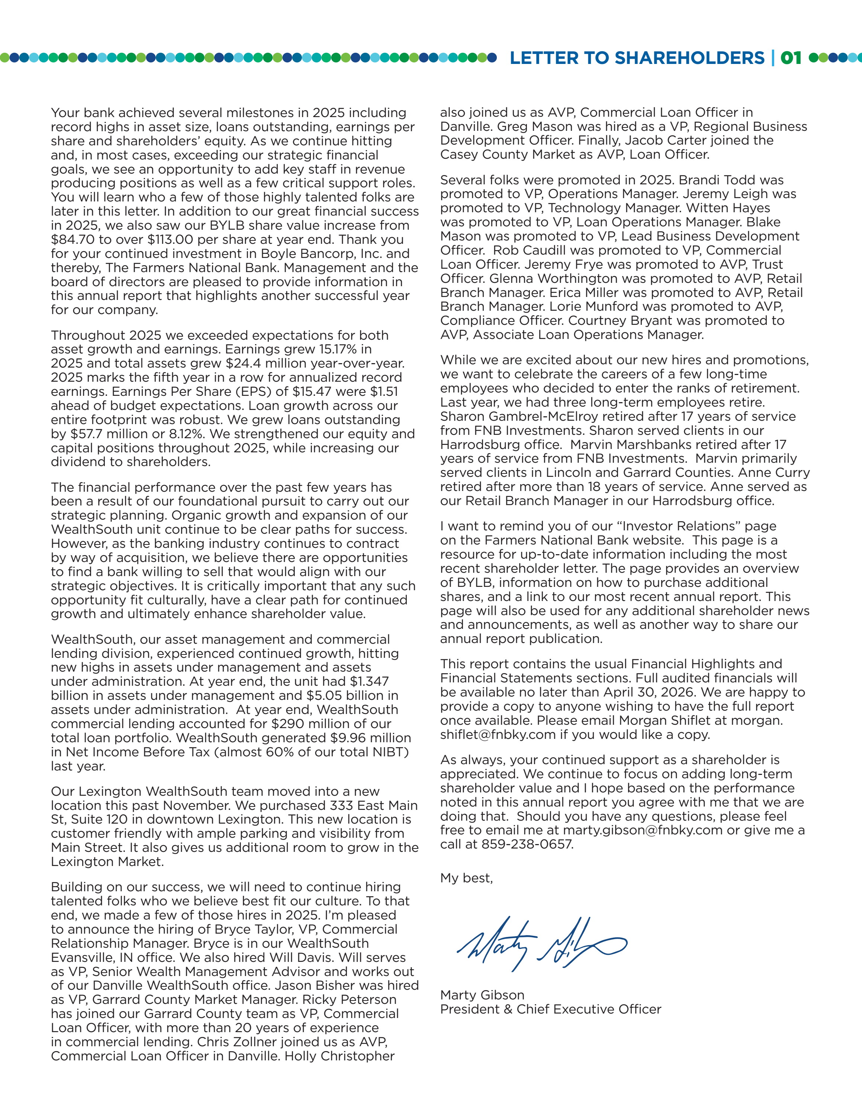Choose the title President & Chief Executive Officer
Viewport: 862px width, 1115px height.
(550, 1009)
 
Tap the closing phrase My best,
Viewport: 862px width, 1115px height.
(466, 878)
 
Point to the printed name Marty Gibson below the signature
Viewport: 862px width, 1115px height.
(482, 995)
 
